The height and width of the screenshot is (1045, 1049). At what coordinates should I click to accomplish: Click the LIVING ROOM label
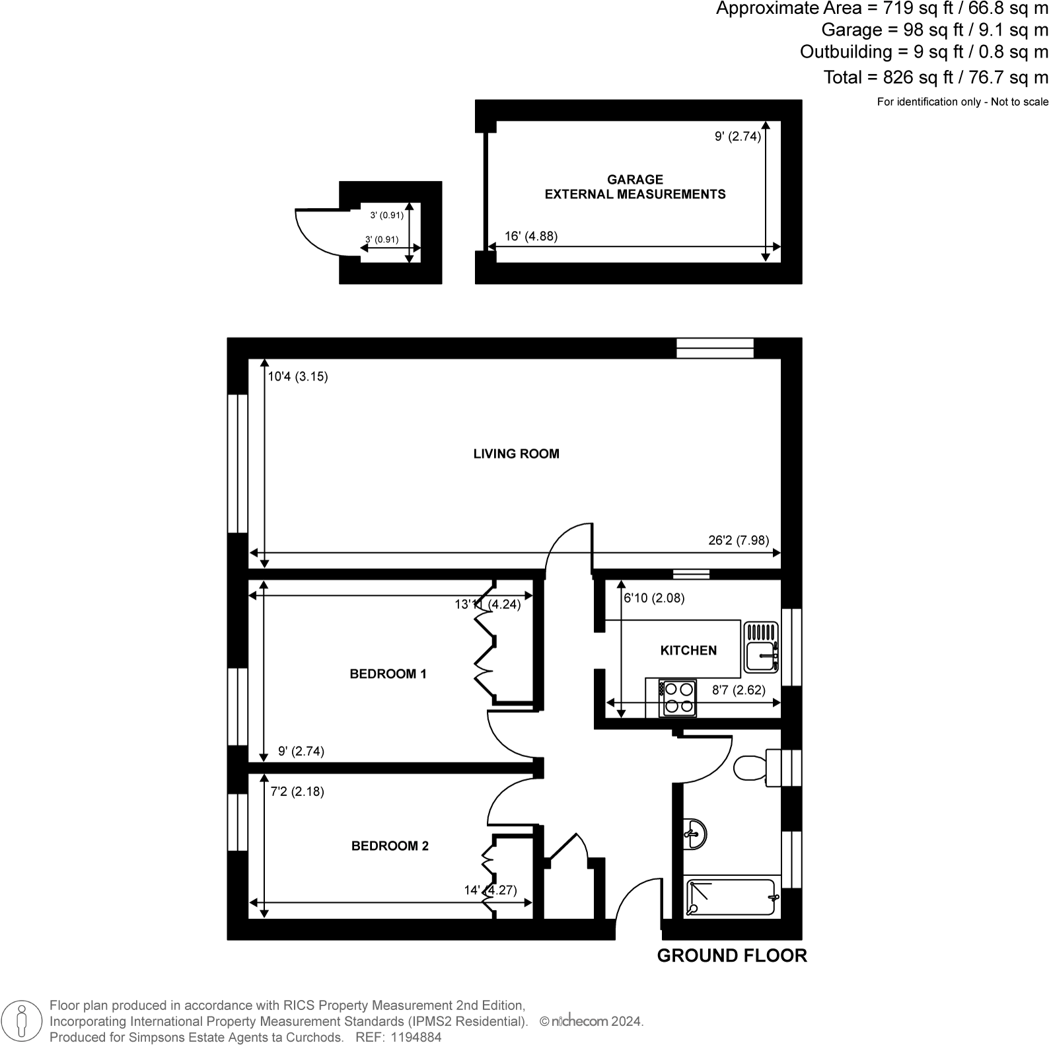point(516,454)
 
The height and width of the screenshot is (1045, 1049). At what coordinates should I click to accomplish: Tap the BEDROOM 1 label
point(388,674)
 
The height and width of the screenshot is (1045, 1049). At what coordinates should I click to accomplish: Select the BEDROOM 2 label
point(390,846)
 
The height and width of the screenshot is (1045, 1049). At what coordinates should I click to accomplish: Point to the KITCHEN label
point(688,651)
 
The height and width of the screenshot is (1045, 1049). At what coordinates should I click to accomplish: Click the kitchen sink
point(761,647)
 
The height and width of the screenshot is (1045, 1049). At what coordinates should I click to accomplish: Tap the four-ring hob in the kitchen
point(678,698)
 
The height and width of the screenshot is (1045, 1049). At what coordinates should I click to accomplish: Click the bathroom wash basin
point(696,834)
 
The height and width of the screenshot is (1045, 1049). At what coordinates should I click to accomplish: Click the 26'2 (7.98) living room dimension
point(739,540)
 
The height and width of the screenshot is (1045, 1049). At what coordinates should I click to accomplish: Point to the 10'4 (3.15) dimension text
point(298,377)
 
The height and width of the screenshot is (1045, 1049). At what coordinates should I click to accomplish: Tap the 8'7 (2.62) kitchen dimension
point(739,690)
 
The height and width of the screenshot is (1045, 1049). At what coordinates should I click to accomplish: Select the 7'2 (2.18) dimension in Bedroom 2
point(297,791)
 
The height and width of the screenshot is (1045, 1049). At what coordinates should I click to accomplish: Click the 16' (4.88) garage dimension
point(531,236)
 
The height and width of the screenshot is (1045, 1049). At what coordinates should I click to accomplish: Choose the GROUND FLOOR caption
point(732,956)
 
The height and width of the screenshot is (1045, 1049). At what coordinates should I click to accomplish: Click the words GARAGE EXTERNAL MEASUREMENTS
point(635,187)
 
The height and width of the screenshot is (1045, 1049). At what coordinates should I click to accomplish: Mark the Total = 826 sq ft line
point(935,77)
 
